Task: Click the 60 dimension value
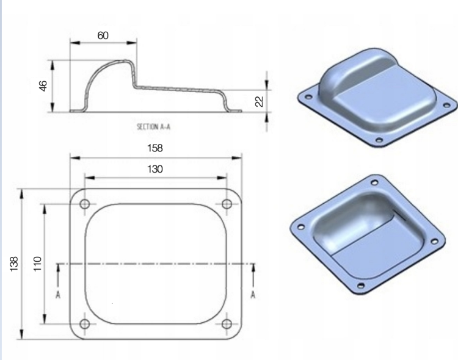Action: (103, 35)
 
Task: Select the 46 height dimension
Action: (43, 86)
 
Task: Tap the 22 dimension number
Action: (259, 101)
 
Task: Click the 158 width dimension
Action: (155, 148)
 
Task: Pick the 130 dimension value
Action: (155, 169)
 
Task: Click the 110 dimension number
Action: (37, 264)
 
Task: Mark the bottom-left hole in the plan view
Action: (84, 323)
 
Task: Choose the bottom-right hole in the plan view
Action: (227, 323)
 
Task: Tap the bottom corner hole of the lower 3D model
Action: (365, 284)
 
